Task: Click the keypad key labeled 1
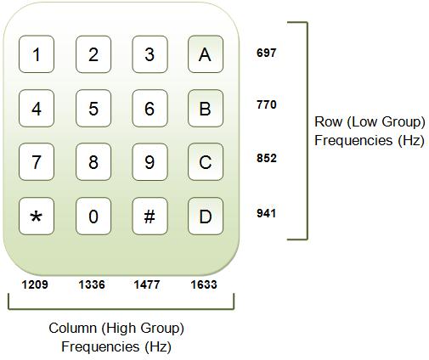(37, 55)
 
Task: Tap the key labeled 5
(93, 109)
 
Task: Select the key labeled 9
(150, 162)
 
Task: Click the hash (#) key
(150, 217)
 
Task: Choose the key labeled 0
(93, 217)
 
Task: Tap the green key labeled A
(206, 55)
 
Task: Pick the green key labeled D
(206, 217)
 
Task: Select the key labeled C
(206, 162)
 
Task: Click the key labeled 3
(150, 55)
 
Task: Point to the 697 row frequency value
(266, 53)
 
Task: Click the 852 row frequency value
(266, 159)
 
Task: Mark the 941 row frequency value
(266, 214)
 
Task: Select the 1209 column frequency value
(34, 285)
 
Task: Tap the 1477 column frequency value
(147, 285)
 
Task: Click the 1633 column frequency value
(204, 285)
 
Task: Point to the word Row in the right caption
(328, 122)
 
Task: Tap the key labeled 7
(37, 162)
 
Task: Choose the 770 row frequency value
(266, 105)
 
